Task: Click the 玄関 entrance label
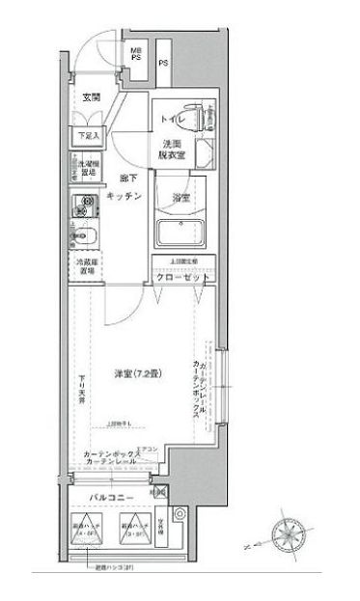coord(92,97)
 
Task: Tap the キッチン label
coord(127,195)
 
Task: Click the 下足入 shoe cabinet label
coord(87,137)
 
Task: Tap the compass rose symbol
coord(288,533)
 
